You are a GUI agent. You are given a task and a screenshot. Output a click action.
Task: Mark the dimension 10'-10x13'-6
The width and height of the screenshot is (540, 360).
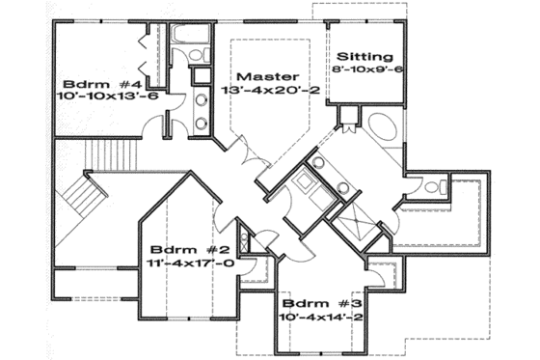click(x=99, y=97)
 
